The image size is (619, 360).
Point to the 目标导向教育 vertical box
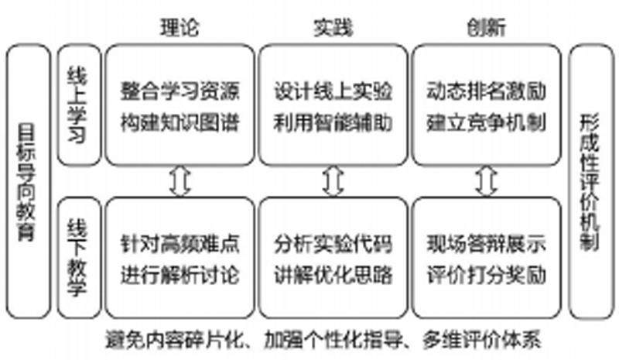coord(29,182)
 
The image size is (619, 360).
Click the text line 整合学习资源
coord(180,91)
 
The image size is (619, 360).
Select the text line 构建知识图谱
coord(180,122)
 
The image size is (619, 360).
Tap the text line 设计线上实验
coord(333,91)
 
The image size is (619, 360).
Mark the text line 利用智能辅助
coord(333,122)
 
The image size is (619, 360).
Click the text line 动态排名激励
coord(487,91)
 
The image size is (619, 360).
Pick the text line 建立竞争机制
coord(487,122)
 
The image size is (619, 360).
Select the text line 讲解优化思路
coord(333,275)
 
